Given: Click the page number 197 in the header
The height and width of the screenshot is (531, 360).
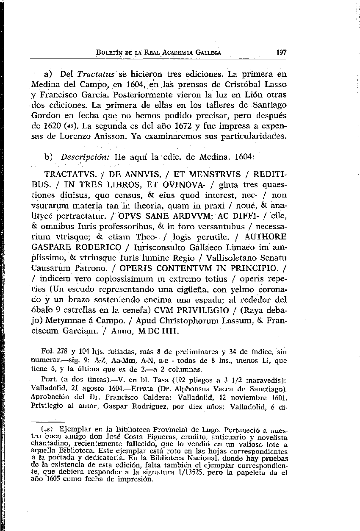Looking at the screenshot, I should (x=281, y=53).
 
